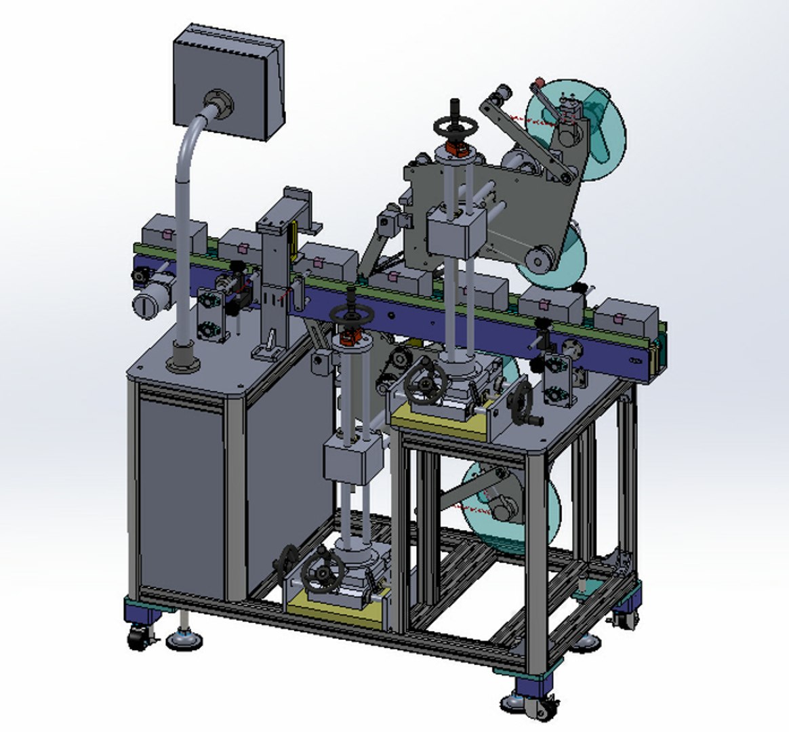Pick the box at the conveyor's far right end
point(627,319)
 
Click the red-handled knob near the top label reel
point(539,83)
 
